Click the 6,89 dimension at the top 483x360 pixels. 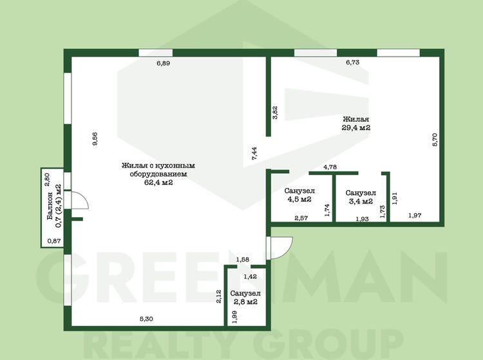[x=164, y=64]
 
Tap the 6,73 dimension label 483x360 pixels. [x=353, y=62]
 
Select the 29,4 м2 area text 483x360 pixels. [x=356, y=128]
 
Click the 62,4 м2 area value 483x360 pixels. [x=158, y=182]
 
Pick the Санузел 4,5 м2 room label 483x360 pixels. [x=299, y=195]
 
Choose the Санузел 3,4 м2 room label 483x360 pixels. [x=361, y=197]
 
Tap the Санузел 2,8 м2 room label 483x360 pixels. [x=245, y=298]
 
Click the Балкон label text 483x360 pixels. [x=50, y=205]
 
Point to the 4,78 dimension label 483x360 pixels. [x=330, y=167]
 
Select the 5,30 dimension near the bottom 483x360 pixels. [x=146, y=319]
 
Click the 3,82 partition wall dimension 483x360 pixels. [x=275, y=113]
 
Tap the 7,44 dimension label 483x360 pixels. [x=254, y=153]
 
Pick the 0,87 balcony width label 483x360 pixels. [x=54, y=241]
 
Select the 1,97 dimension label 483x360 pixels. [x=415, y=216]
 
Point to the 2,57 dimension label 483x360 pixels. [x=301, y=218]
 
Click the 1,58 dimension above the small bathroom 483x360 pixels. [x=242, y=260]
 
